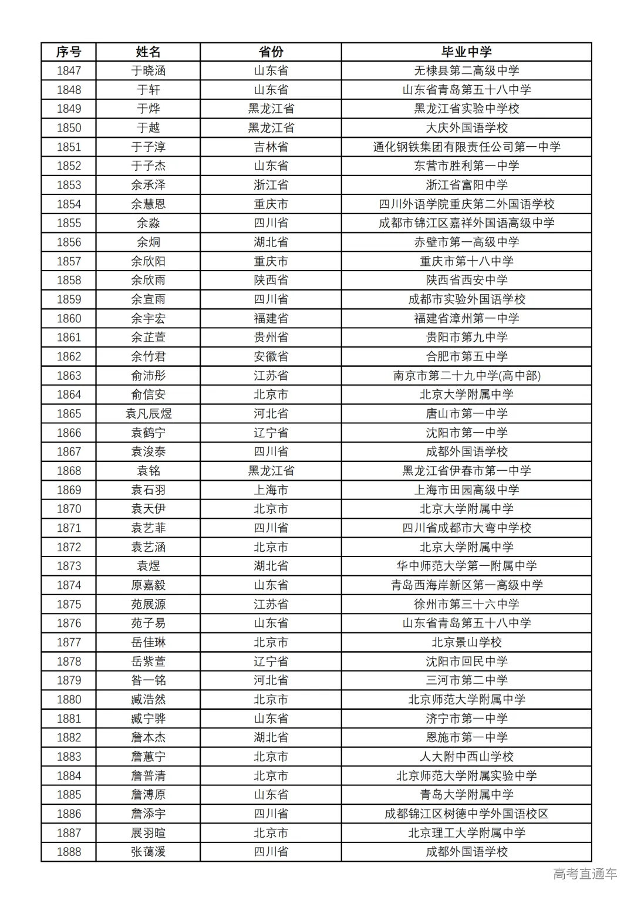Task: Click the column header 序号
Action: point(69,52)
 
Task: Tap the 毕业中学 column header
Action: point(466,52)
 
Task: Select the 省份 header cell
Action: point(271,52)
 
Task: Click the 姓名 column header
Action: point(148,52)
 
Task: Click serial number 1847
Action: point(69,71)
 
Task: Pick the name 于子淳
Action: point(148,147)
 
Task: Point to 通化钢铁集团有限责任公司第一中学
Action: point(466,147)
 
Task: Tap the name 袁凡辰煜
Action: point(148,414)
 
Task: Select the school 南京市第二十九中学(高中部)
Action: point(466,376)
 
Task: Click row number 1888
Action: point(69,852)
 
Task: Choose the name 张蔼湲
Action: point(148,852)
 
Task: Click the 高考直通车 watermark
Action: point(585,874)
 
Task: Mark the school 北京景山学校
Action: point(466,642)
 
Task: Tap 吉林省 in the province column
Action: point(271,147)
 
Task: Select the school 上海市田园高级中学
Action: point(466,490)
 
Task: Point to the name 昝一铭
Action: point(148,680)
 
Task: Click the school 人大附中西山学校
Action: point(466,757)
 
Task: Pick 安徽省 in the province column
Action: point(271,356)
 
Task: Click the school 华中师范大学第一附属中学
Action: point(466,566)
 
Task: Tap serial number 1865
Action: point(69,414)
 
